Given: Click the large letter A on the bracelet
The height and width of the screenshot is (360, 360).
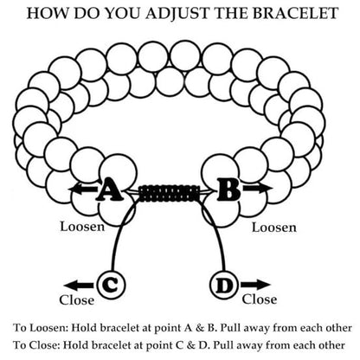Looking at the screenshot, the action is (109, 190).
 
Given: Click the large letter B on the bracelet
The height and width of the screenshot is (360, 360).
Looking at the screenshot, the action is (228, 190).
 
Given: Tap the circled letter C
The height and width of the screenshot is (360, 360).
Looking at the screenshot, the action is (112, 285).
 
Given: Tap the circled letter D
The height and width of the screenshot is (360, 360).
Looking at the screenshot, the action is (224, 285).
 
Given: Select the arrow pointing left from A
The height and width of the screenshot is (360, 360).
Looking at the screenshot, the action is (83, 190).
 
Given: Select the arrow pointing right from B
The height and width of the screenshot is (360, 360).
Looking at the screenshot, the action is (258, 189).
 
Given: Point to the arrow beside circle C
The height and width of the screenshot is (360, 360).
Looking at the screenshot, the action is (79, 286).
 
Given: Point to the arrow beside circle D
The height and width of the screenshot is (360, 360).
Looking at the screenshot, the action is (255, 285).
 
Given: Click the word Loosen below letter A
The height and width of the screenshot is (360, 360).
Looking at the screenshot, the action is (82, 227).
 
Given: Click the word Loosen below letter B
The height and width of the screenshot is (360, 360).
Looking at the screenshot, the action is (274, 228).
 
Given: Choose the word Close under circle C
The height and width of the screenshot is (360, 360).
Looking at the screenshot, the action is (77, 300).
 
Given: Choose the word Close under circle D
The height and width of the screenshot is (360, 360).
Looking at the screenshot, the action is (260, 299).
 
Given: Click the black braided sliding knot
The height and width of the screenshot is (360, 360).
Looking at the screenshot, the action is (170, 193).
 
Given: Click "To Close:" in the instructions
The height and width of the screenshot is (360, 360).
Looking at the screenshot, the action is (36, 345).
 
